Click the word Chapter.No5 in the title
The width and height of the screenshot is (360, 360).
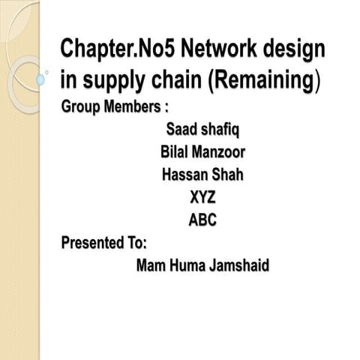point(118,51)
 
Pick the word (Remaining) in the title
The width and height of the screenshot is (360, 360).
point(265,82)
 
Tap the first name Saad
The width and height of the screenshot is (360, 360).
point(181,132)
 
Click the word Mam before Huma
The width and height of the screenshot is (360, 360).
point(153,265)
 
